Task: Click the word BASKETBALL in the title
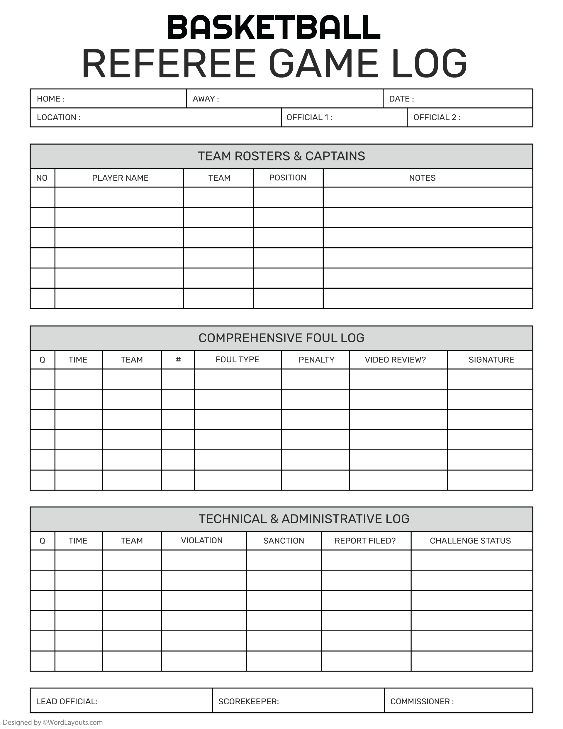(x=273, y=27)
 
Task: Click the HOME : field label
(x=51, y=99)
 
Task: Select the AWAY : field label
(x=206, y=99)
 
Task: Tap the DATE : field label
(x=401, y=99)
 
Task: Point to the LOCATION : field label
(x=59, y=118)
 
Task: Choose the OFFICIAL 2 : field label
(x=437, y=118)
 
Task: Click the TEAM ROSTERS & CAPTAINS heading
(x=281, y=156)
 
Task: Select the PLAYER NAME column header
(x=120, y=178)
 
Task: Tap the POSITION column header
(x=288, y=177)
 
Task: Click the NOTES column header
(x=422, y=178)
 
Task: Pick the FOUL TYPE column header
(x=237, y=359)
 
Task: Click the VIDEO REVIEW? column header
(x=395, y=360)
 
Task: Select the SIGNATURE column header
(x=491, y=360)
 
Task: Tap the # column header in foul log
(x=178, y=360)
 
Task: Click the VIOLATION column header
(x=201, y=540)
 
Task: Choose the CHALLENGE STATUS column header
(x=470, y=541)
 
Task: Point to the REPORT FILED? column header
(x=365, y=541)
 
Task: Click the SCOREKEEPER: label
(x=248, y=701)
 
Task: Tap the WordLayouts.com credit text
(x=53, y=722)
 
